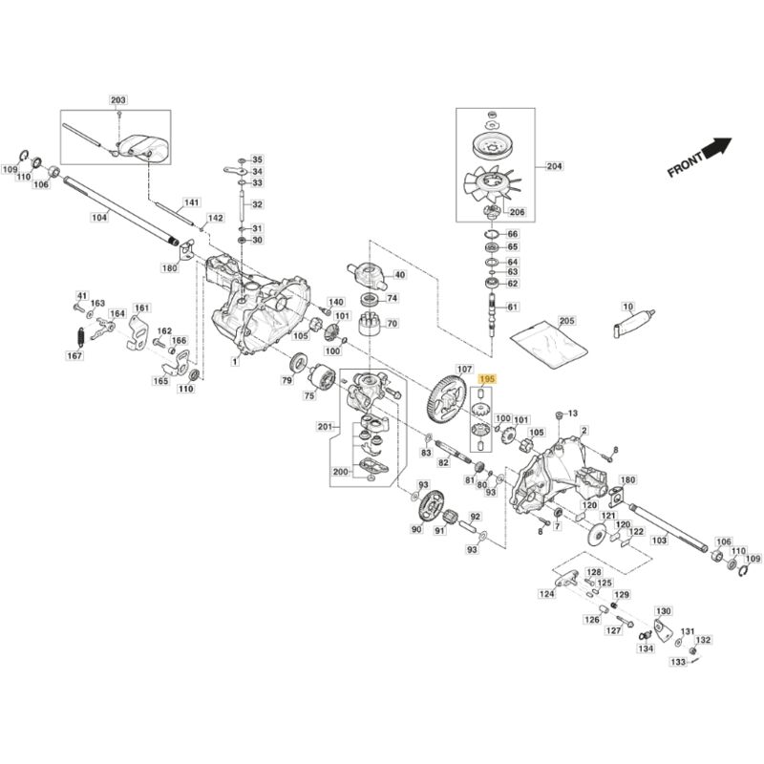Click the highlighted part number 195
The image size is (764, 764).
pos(487,379)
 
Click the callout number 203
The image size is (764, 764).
pos(118,99)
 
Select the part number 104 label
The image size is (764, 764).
pos(99,218)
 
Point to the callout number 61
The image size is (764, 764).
pos(512,307)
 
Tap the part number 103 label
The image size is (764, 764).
pos(659,540)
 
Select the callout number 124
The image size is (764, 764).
pos(545,594)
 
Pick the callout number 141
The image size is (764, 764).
pos(192,202)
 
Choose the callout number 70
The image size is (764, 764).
pos(391,324)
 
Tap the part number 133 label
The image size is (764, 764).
pos(677,661)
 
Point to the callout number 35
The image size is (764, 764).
pos(257,159)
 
